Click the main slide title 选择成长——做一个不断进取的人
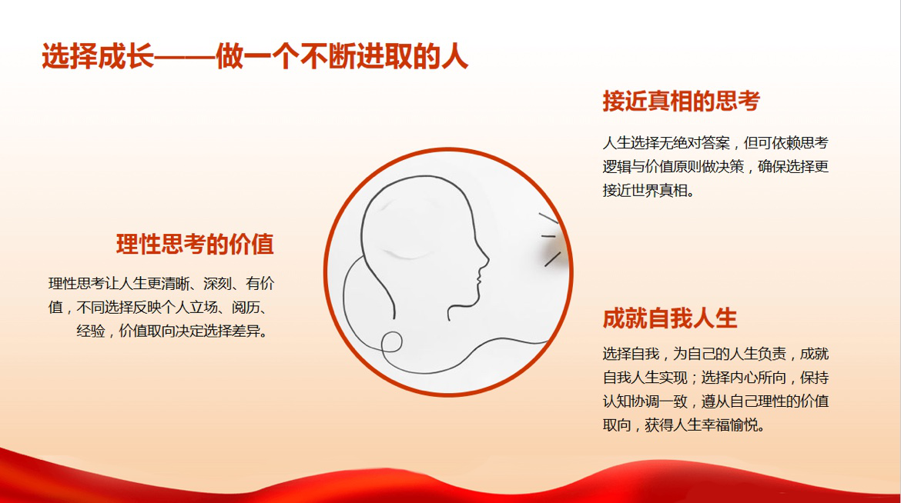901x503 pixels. point(255,56)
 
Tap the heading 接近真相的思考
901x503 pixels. point(681,101)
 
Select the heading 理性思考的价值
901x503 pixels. point(195,244)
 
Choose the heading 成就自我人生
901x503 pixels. point(669,318)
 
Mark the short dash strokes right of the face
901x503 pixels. point(550,238)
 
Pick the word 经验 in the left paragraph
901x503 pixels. point(91,331)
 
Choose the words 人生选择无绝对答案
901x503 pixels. point(666,142)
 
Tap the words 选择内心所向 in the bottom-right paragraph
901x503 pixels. point(744,378)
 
